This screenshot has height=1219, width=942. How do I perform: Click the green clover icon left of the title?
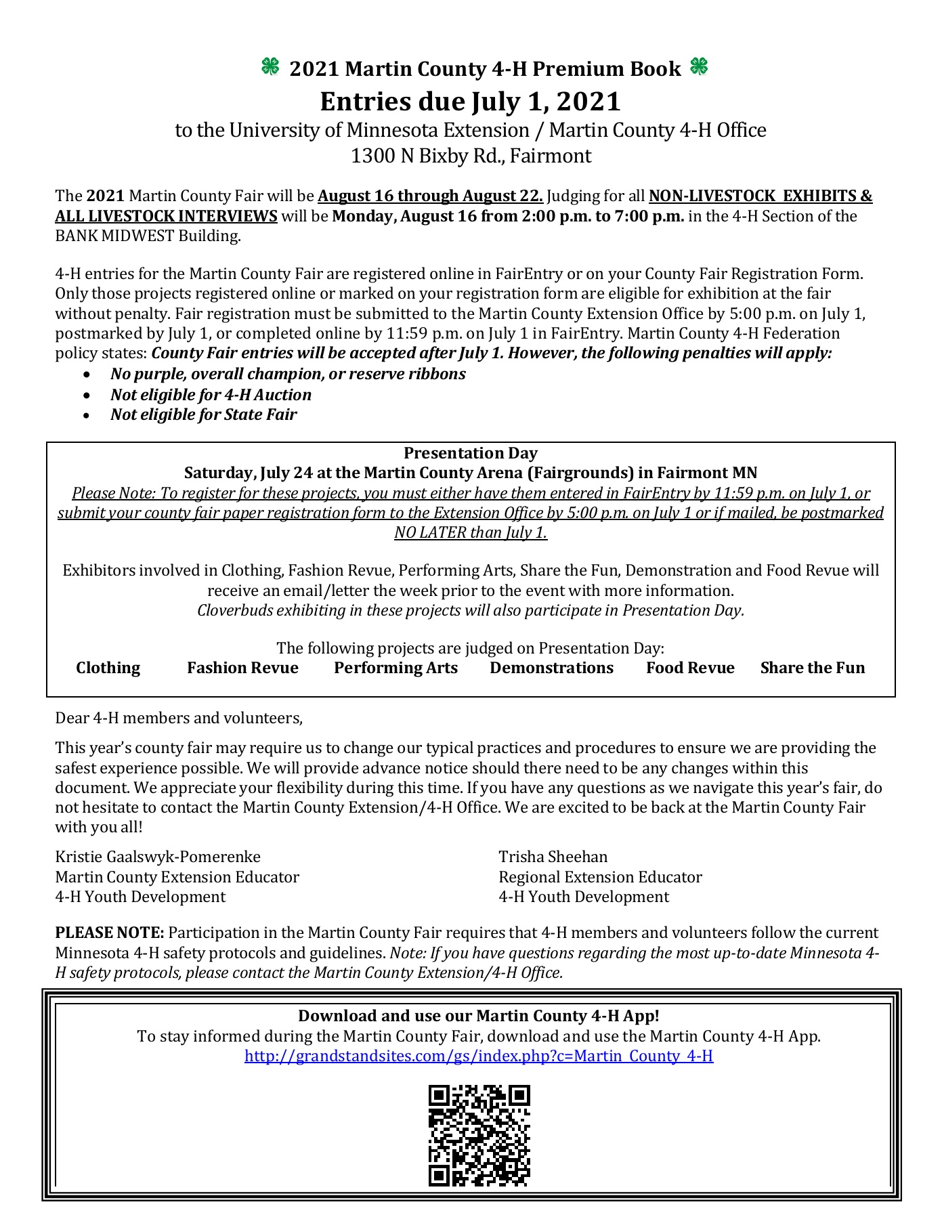[x=270, y=66]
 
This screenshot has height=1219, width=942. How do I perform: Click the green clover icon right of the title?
[x=699, y=66]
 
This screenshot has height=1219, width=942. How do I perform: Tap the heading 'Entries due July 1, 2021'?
[x=470, y=102]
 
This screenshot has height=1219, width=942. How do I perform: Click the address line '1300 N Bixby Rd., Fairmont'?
[x=471, y=156]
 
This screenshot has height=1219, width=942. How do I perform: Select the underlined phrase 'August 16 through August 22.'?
[x=430, y=196]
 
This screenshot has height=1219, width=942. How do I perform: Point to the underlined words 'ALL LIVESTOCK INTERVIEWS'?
[x=166, y=216]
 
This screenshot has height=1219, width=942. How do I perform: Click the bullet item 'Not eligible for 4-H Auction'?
[x=211, y=394]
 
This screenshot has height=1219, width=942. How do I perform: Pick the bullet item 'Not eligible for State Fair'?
[x=203, y=414]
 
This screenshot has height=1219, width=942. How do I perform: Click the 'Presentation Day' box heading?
[x=471, y=453]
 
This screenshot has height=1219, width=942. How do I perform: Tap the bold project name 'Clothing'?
[x=108, y=668]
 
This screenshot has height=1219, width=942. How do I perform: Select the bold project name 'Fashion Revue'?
[x=242, y=668]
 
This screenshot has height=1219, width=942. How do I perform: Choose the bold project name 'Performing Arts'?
[x=395, y=668]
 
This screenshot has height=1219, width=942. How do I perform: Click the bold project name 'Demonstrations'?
[x=551, y=668]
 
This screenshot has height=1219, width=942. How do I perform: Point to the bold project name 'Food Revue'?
[x=690, y=668]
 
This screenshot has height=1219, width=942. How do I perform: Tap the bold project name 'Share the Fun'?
[x=812, y=668]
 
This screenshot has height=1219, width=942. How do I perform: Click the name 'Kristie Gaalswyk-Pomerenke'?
[x=158, y=857]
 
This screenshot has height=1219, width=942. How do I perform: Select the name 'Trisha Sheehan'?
[x=553, y=857]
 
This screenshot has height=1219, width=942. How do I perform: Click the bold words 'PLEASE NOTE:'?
[x=110, y=933]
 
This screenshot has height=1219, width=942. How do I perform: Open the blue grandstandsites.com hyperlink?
[x=478, y=1056]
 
